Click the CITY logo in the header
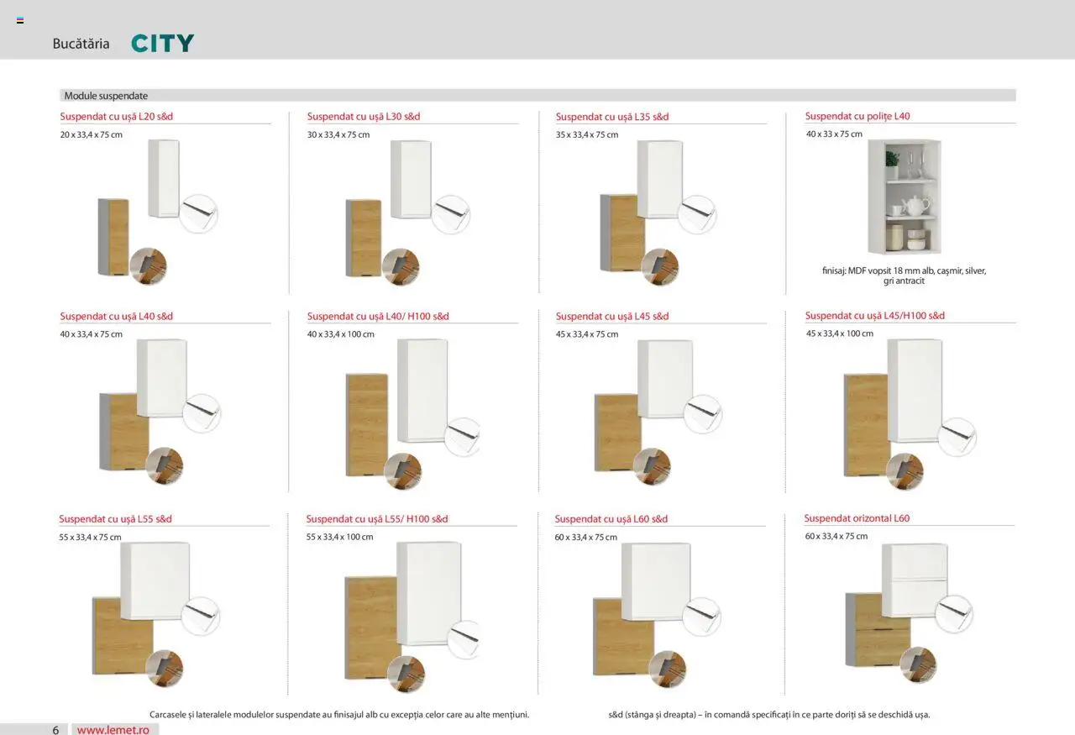(x=163, y=43)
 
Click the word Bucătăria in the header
(x=81, y=44)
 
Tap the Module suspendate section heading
(x=106, y=96)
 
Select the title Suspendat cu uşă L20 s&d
(x=117, y=116)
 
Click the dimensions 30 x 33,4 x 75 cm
(x=338, y=135)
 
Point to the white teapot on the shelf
(x=915, y=206)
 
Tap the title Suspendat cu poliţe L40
(x=857, y=116)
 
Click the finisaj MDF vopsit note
(x=905, y=276)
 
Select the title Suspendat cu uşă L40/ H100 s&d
(x=378, y=317)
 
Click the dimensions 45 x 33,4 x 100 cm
(x=840, y=333)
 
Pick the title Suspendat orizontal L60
(x=857, y=518)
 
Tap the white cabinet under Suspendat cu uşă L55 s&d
(x=155, y=580)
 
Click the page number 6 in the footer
(x=55, y=730)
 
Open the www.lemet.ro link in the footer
(x=113, y=730)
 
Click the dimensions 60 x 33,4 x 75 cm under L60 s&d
(x=586, y=538)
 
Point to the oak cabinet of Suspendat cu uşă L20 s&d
(x=113, y=237)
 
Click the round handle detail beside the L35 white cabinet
(x=697, y=214)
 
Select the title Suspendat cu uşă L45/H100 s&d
(x=875, y=316)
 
